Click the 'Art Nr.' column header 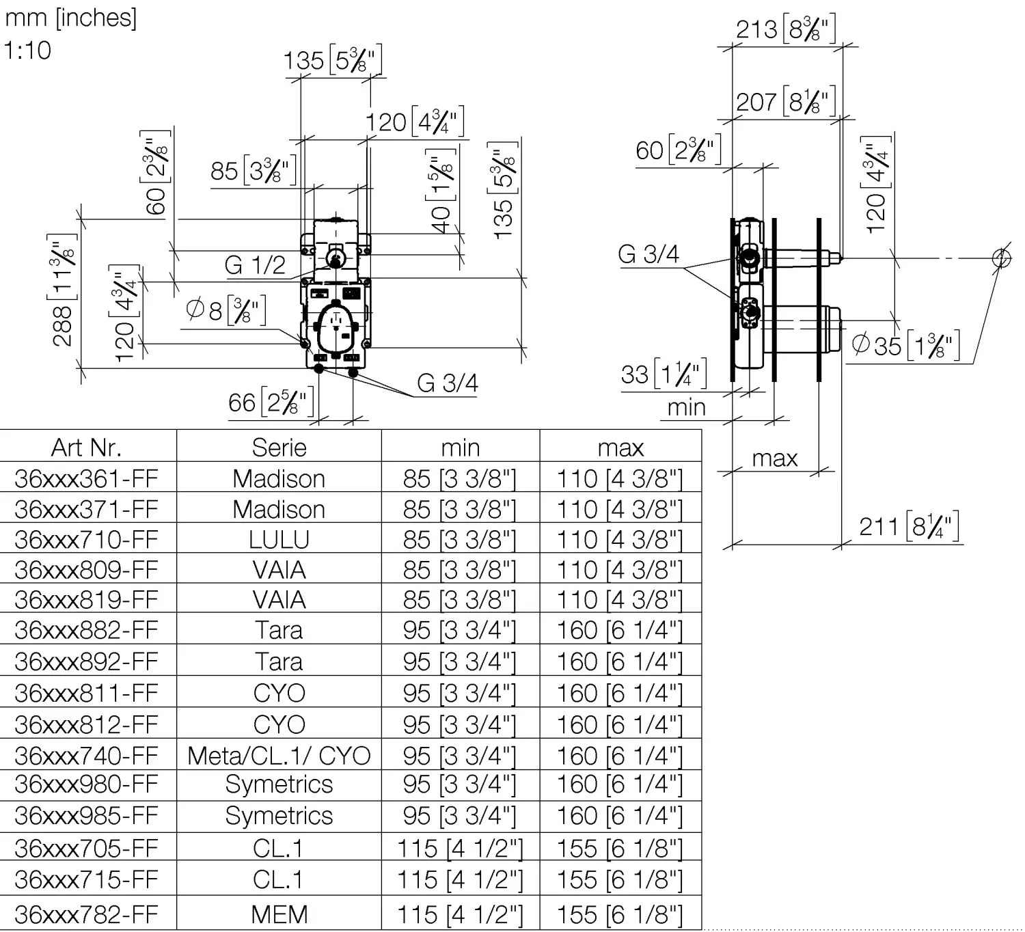(x=86, y=448)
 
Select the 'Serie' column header (x=279, y=448)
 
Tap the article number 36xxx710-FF (x=86, y=539)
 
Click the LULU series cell (x=279, y=539)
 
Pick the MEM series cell (x=279, y=914)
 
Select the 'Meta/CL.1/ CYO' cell (x=279, y=756)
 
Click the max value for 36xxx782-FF (x=620, y=914)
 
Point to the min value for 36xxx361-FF (x=459, y=478)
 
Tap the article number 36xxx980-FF (x=86, y=784)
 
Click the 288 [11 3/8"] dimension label (x=62, y=290)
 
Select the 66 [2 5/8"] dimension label (x=271, y=402)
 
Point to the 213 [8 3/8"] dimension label (x=785, y=29)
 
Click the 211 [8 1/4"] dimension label (x=909, y=527)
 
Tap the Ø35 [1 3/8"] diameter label (x=906, y=346)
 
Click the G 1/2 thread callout (x=255, y=265)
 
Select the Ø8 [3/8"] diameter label (x=225, y=311)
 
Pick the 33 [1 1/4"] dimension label (x=664, y=374)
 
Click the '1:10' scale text (x=27, y=51)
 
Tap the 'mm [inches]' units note (x=70, y=18)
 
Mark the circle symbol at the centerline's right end (x=1001, y=258)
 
